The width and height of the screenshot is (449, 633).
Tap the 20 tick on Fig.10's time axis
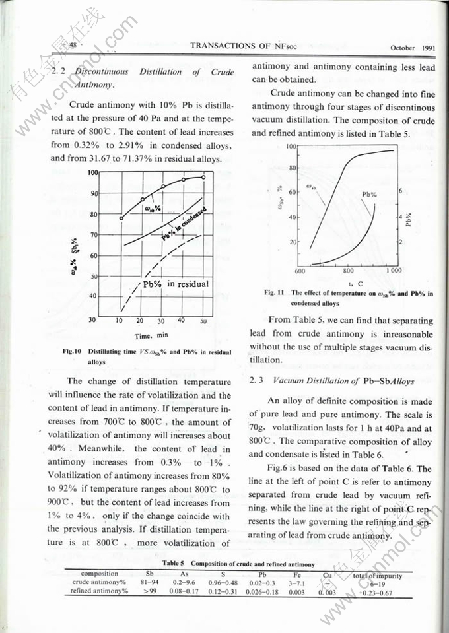(x=140, y=321)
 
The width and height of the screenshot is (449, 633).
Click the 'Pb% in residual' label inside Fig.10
(x=175, y=284)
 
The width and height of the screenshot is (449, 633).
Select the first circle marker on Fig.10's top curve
(x=121, y=218)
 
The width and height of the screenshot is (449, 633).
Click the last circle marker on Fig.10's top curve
(x=203, y=177)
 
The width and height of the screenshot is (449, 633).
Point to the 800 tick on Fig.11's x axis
(x=349, y=271)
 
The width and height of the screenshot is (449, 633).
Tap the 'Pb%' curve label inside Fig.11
(x=369, y=195)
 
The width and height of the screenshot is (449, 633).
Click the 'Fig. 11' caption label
(x=273, y=292)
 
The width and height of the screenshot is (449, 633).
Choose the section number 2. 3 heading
(x=257, y=381)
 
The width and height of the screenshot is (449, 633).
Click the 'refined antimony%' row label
(x=99, y=591)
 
